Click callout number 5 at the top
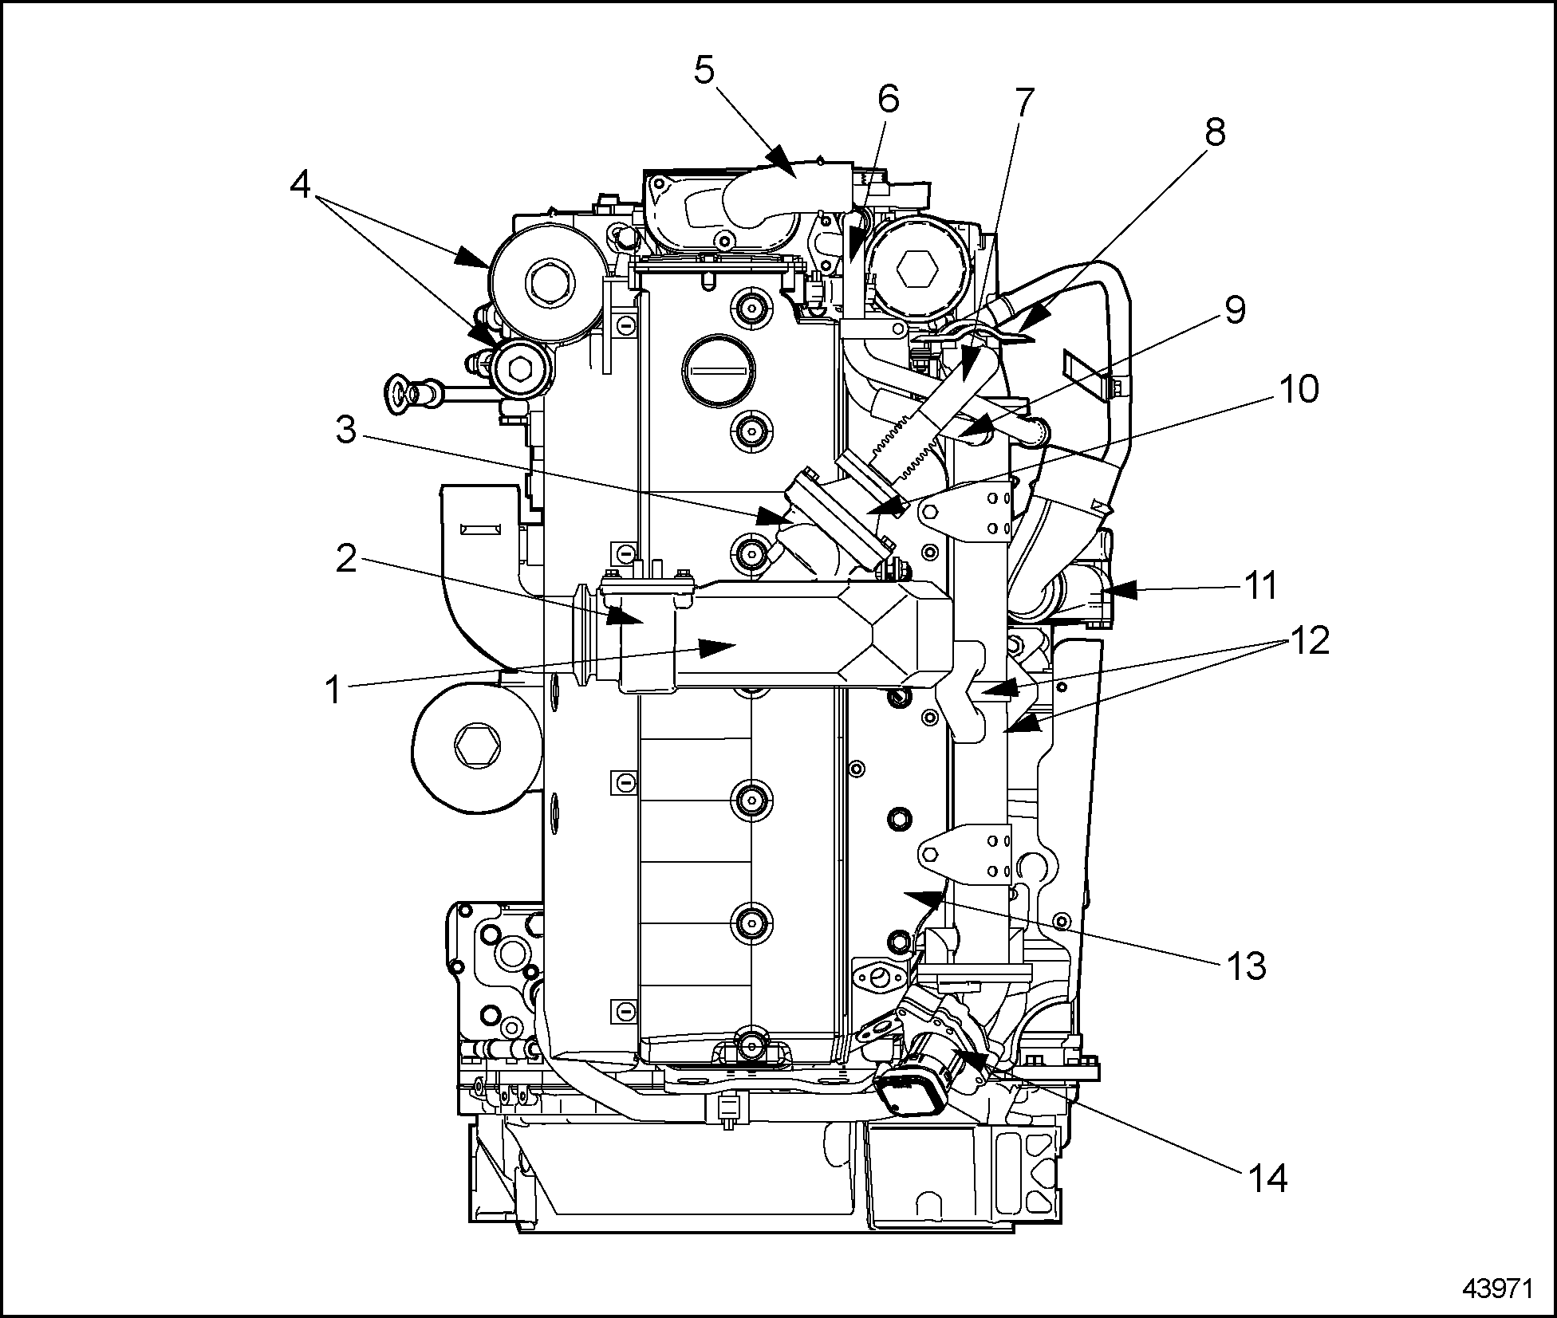(x=704, y=72)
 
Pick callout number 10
(x=1298, y=390)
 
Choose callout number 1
(x=334, y=688)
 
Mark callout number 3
(x=345, y=431)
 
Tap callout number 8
(x=1214, y=132)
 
